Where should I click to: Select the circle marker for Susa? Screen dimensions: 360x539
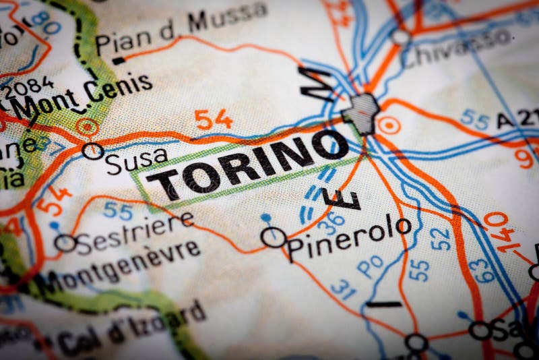click(x=93, y=151)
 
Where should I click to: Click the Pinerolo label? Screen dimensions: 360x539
click(x=348, y=237)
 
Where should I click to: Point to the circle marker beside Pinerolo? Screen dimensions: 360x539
click(x=274, y=237)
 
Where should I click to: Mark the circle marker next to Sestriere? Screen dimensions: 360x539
click(x=65, y=243)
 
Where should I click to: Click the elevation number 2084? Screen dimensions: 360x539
click(x=27, y=88)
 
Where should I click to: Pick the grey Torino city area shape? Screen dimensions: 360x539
click(x=362, y=112)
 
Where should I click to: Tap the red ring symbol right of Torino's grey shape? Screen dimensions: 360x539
click(x=389, y=125)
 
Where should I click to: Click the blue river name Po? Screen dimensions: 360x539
click(x=370, y=267)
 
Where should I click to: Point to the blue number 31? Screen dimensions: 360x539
click(x=343, y=289)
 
